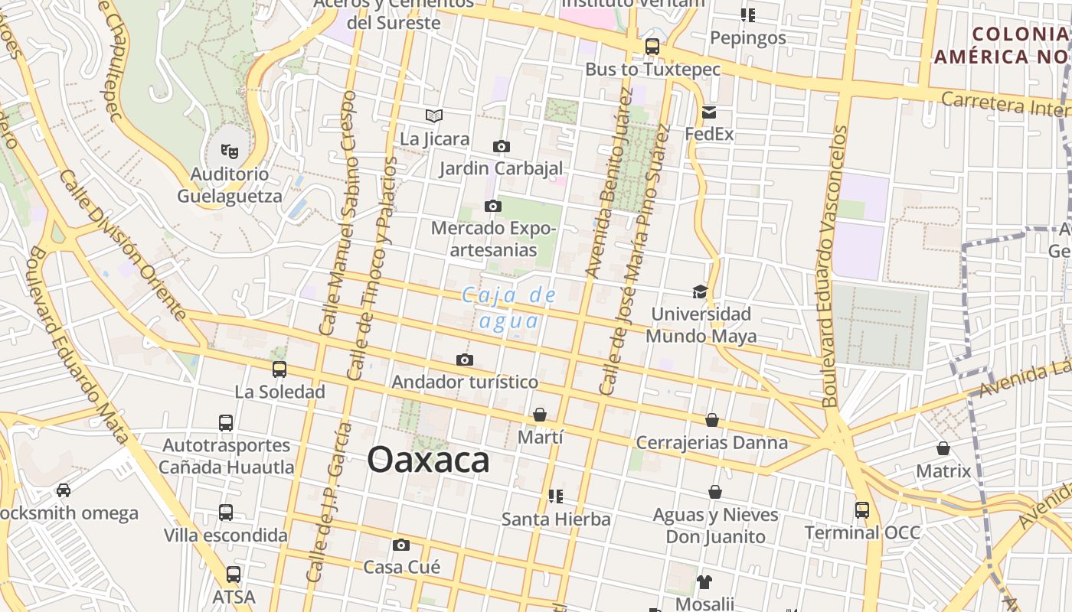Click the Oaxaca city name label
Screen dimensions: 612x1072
[x=428, y=460]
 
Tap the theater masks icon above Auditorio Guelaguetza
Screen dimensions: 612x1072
[x=229, y=151]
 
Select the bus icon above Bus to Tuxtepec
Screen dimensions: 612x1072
[x=652, y=47]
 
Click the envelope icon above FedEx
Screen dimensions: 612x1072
[x=709, y=112]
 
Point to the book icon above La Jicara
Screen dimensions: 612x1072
[x=434, y=116]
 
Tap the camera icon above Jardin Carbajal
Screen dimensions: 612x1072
[x=502, y=146]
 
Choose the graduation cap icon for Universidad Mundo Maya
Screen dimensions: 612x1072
[x=700, y=291]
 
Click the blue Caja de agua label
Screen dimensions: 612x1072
[x=508, y=308]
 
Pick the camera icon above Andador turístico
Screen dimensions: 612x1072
[x=464, y=360]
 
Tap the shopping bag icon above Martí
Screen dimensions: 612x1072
[x=540, y=415]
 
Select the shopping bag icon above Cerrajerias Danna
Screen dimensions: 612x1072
[x=712, y=420]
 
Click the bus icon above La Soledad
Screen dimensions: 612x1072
[x=279, y=369]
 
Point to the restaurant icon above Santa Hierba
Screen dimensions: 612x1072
[x=556, y=496]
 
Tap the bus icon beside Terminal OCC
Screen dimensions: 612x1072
[x=862, y=509]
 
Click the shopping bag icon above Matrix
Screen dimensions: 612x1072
[x=943, y=448]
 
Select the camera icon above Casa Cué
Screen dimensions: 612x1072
[x=400, y=545]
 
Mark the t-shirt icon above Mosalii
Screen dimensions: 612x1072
[x=704, y=581]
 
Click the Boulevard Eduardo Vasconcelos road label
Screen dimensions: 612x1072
[x=835, y=266]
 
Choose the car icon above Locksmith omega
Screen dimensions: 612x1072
[x=64, y=490]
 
